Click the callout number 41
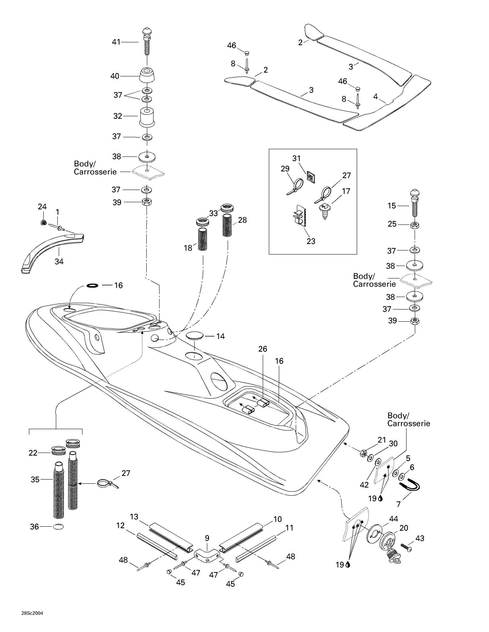tap(116, 42)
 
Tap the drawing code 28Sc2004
tap(32, 613)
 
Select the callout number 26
tap(263, 349)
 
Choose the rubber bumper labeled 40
tap(147, 76)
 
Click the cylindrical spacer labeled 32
tap(147, 117)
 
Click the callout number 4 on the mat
tap(375, 97)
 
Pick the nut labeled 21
tap(364, 453)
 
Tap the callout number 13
tap(134, 517)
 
